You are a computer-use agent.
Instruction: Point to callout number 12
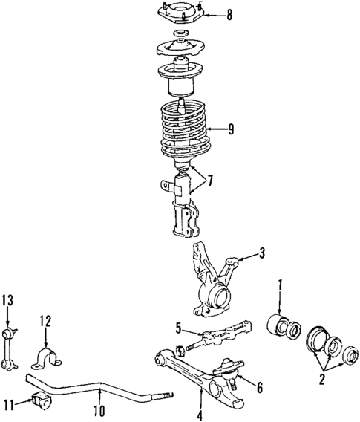[45, 322]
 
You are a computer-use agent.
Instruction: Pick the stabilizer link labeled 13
[10, 342]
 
